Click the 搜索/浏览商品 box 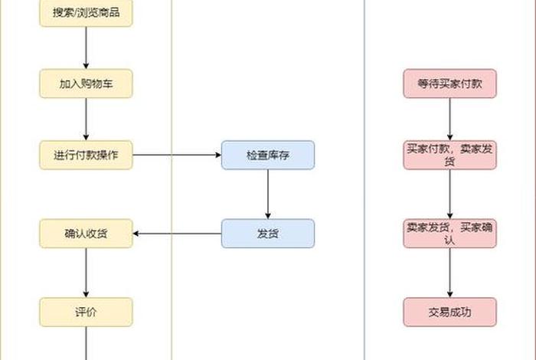click(86, 13)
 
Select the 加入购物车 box click(86, 83)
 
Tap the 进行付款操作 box click(86, 155)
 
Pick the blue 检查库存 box click(268, 155)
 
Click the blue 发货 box click(268, 234)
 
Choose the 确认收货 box click(86, 234)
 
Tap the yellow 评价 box click(86, 312)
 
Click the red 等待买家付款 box click(449, 83)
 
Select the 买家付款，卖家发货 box click(449, 155)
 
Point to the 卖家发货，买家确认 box click(449, 234)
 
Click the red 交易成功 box click(449, 312)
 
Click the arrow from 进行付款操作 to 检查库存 click(177, 155)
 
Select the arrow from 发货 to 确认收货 click(177, 234)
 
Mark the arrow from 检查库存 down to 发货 click(268, 195)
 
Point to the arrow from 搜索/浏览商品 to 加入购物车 click(86, 48)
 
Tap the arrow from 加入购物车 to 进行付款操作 click(86, 119)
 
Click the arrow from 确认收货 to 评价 click(86, 273)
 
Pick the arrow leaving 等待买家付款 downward click(449, 119)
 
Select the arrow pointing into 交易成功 click(449, 273)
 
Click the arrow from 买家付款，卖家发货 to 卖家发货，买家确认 click(449, 195)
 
